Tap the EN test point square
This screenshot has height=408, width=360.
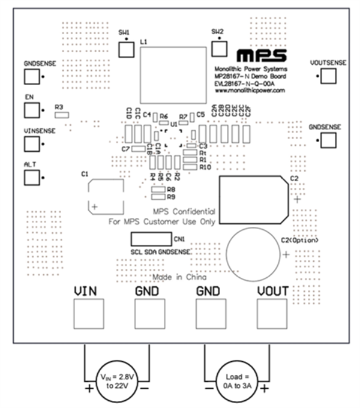pyautogui.click(x=32, y=110)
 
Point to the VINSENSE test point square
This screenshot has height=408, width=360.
pyautogui.click(x=32, y=144)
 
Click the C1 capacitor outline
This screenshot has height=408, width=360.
pyautogui.click(x=106, y=196)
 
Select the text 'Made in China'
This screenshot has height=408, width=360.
pyautogui.click(x=180, y=278)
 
